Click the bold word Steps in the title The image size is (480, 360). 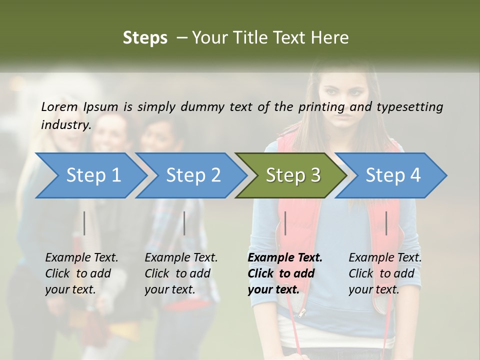coord(145,37)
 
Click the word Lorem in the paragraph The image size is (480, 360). coord(59,106)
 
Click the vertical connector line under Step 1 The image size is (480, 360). coord(84,223)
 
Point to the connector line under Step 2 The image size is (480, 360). coord(184,223)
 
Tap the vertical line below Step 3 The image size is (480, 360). coord(285,223)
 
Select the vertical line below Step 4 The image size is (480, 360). coord(386,223)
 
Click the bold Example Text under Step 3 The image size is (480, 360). coord(285,258)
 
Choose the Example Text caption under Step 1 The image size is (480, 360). coord(81,258)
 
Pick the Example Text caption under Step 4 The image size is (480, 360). coord(385,258)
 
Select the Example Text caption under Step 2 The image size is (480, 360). coord(181,258)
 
